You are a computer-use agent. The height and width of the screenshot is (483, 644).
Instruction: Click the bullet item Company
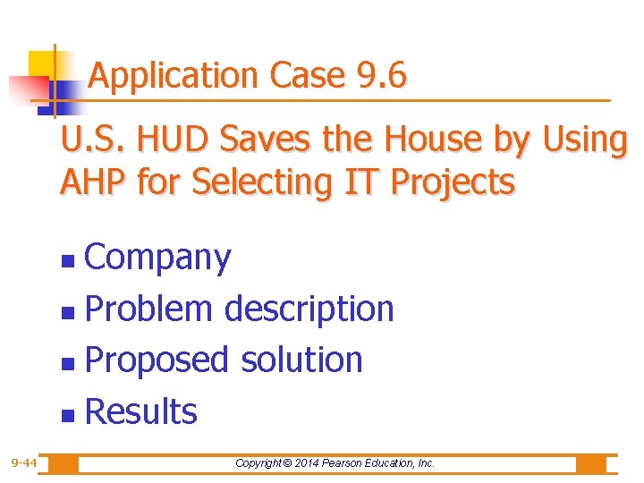point(157,258)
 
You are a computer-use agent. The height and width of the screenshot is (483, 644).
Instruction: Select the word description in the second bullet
point(309,309)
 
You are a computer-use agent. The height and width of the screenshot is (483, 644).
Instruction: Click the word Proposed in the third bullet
point(157,360)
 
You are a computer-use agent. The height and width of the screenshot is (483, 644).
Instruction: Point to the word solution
point(301,360)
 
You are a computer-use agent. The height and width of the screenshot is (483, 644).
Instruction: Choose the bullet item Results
point(140,411)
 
